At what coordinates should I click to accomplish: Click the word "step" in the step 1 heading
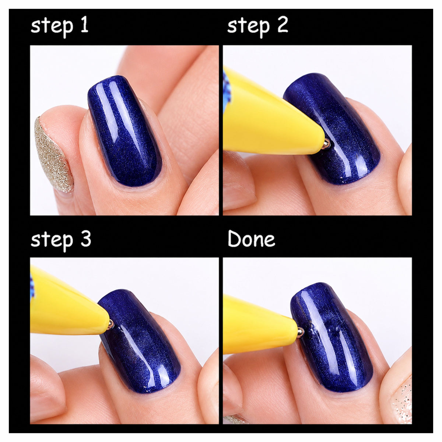coord(52,27)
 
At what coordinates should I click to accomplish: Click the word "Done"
coord(252,239)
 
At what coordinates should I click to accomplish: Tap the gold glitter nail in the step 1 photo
coord(53,154)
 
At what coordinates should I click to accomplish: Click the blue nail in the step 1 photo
coord(124,130)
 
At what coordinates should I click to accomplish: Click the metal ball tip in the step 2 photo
coord(326,144)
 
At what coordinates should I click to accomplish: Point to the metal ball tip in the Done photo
coord(301,331)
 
